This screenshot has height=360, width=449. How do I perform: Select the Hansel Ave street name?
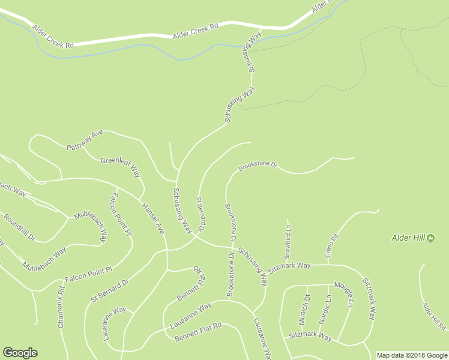coord(153,218)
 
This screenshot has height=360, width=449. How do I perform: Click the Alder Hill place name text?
coord(408,238)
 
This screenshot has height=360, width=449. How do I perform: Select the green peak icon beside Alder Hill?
coord(430,238)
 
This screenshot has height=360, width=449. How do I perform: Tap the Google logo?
coord(20,353)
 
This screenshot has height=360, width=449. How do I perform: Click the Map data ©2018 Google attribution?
coord(412,355)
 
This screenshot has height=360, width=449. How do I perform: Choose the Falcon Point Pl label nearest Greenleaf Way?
coord(121,214)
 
